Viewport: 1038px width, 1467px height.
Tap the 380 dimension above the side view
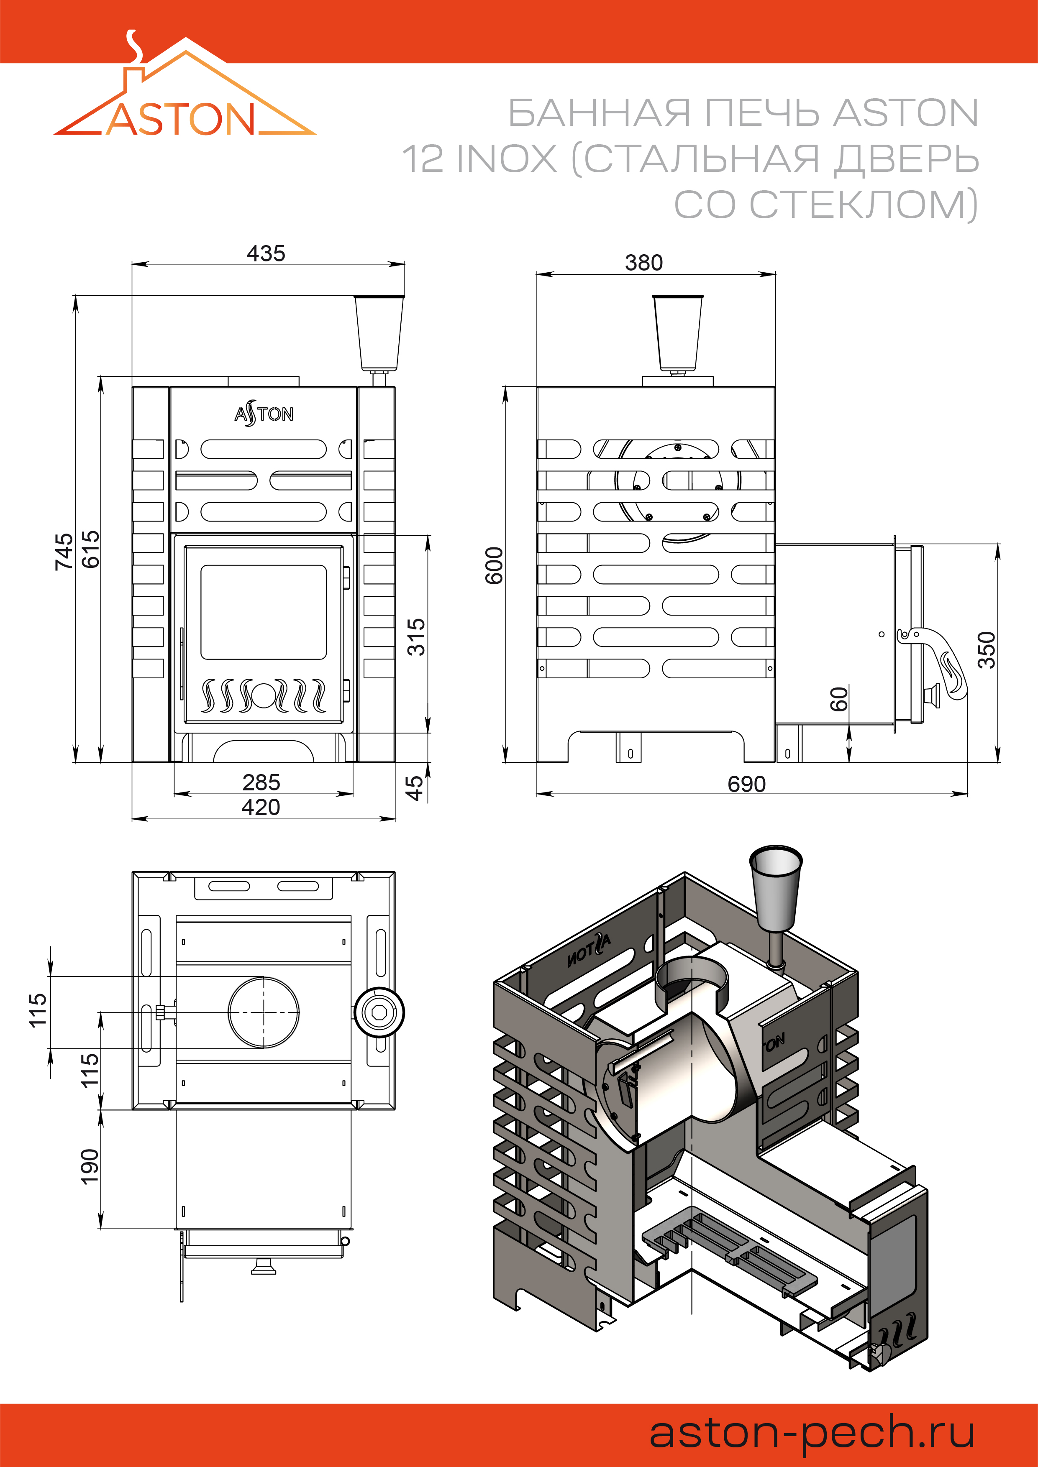coord(643,263)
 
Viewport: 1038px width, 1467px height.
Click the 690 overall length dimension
coord(746,784)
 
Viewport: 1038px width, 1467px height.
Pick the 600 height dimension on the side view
coord(494,565)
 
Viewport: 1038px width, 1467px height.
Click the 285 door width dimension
coord(261,782)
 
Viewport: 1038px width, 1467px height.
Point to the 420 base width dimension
coord(261,807)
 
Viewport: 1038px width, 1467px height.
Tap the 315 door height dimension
coord(416,636)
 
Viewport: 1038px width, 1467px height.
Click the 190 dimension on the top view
coord(90,1167)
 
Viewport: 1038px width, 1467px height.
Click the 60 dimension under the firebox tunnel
coord(838,699)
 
